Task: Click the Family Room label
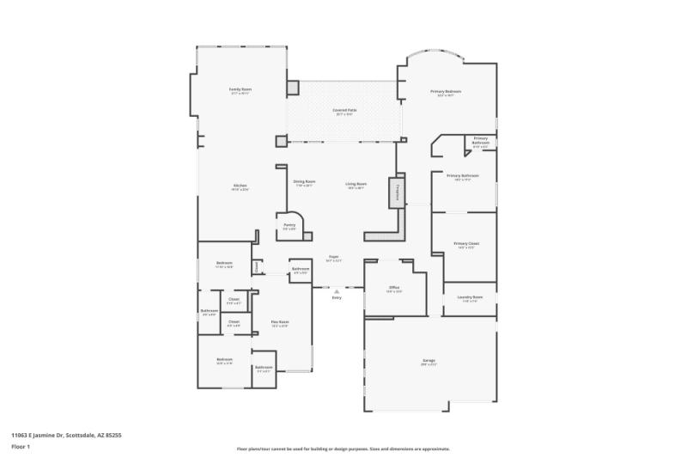pyautogui.click(x=240, y=89)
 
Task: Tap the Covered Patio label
pyautogui.click(x=344, y=111)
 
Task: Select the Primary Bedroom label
pyautogui.click(x=446, y=92)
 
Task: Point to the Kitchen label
pyautogui.click(x=240, y=186)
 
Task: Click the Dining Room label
pyautogui.click(x=304, y=182)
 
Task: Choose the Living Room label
pyautogui.click(x=356, y=184)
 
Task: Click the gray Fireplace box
pyautogui.click(x=397, y=192)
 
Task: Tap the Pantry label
pyautogui.click(x=289, y=225)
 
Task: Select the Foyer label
pyautogui.click(x=333, y=257)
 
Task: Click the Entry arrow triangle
pyautogui.click(x=337, y=290)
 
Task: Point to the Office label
pyautogui.click(x=393, y=288)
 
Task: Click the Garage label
pyautogui.click(x=429, y=360)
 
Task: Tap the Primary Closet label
pyautogui.click(x=466, y=243)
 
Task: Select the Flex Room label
pyautogui.click(x=280, y=322)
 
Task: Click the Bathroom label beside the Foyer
pyautogui.click(x=301, y=269)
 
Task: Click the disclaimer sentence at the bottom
pyautogui.click(x=343, y=449)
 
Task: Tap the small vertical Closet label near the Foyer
pyautogui.click(x=257, y=267)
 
